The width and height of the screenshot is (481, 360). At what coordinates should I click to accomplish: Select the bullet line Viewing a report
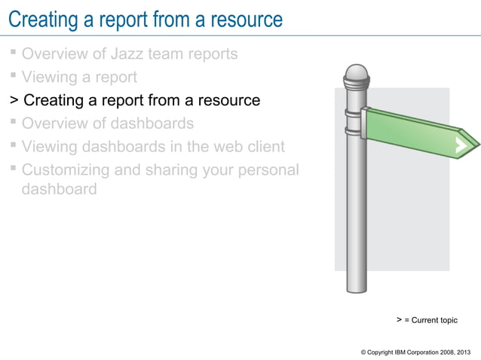point(79,77)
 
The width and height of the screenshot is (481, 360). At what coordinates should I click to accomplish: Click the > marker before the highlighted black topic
point(13,100)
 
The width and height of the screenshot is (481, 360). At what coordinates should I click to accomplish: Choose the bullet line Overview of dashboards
point(108,124)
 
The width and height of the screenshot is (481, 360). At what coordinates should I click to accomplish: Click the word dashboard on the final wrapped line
point(60,189)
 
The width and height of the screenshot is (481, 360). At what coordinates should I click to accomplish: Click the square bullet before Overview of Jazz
point(14,53)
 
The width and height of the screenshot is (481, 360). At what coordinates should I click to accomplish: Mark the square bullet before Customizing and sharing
point(14,169)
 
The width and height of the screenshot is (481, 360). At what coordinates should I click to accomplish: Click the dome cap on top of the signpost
point(356,74)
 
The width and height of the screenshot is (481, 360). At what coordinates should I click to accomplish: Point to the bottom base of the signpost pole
point(356,290)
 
